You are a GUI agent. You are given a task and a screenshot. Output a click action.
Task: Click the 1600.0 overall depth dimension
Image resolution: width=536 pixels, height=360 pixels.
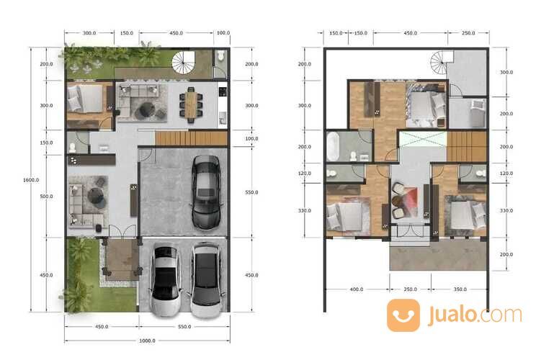pyautogui.click(x=31, y=180)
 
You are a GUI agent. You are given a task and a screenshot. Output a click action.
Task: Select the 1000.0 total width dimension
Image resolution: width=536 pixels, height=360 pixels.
pyautogui.click(x=148, y=341)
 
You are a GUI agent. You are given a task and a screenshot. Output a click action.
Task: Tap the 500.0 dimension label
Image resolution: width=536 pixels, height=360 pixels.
pyautogui.click(x=47, y=197)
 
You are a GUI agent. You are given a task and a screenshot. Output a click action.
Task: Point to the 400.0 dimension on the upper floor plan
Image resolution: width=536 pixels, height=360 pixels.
pyautogui.click(x=357, y=289)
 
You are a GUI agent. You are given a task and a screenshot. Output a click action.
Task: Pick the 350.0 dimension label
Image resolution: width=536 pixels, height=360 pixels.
pyautogui.click(x=460, y=289)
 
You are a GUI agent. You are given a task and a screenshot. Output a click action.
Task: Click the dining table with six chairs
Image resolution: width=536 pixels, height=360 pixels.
pyautogui.click(x=191, y=105)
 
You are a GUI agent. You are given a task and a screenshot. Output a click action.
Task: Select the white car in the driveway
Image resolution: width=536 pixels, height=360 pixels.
pyautogui.click(x=166, y=279)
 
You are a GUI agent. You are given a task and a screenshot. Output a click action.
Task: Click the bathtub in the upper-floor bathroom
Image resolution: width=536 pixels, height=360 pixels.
pyautogui.click(x=334, y=147)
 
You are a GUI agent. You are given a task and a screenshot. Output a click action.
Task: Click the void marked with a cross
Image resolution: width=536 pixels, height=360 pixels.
pyautogui.click(x=423, y=140)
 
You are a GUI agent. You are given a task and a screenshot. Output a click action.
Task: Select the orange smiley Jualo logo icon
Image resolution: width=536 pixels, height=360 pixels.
pyautogui.click(x=403, y=315)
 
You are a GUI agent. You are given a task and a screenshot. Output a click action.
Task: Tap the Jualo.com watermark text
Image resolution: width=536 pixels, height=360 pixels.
pyautogui.click(x=475, y=315)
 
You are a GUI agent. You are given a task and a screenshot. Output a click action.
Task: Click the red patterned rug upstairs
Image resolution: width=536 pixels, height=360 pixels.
pyautogui.click(x=409, y=202)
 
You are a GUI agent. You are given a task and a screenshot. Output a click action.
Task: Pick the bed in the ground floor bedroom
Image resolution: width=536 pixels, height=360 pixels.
pyautogui.click(x=85, y=99)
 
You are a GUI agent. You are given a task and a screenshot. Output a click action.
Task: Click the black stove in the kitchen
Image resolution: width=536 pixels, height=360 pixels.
pyautogui.click(x=223, y=92)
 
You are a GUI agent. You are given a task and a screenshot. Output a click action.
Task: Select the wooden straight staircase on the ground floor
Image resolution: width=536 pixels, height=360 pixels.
pyautogui.click(x=191, y=138)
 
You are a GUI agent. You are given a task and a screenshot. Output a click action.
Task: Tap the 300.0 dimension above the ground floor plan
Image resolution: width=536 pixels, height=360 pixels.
pyautogui.click(x=89, y=33)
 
